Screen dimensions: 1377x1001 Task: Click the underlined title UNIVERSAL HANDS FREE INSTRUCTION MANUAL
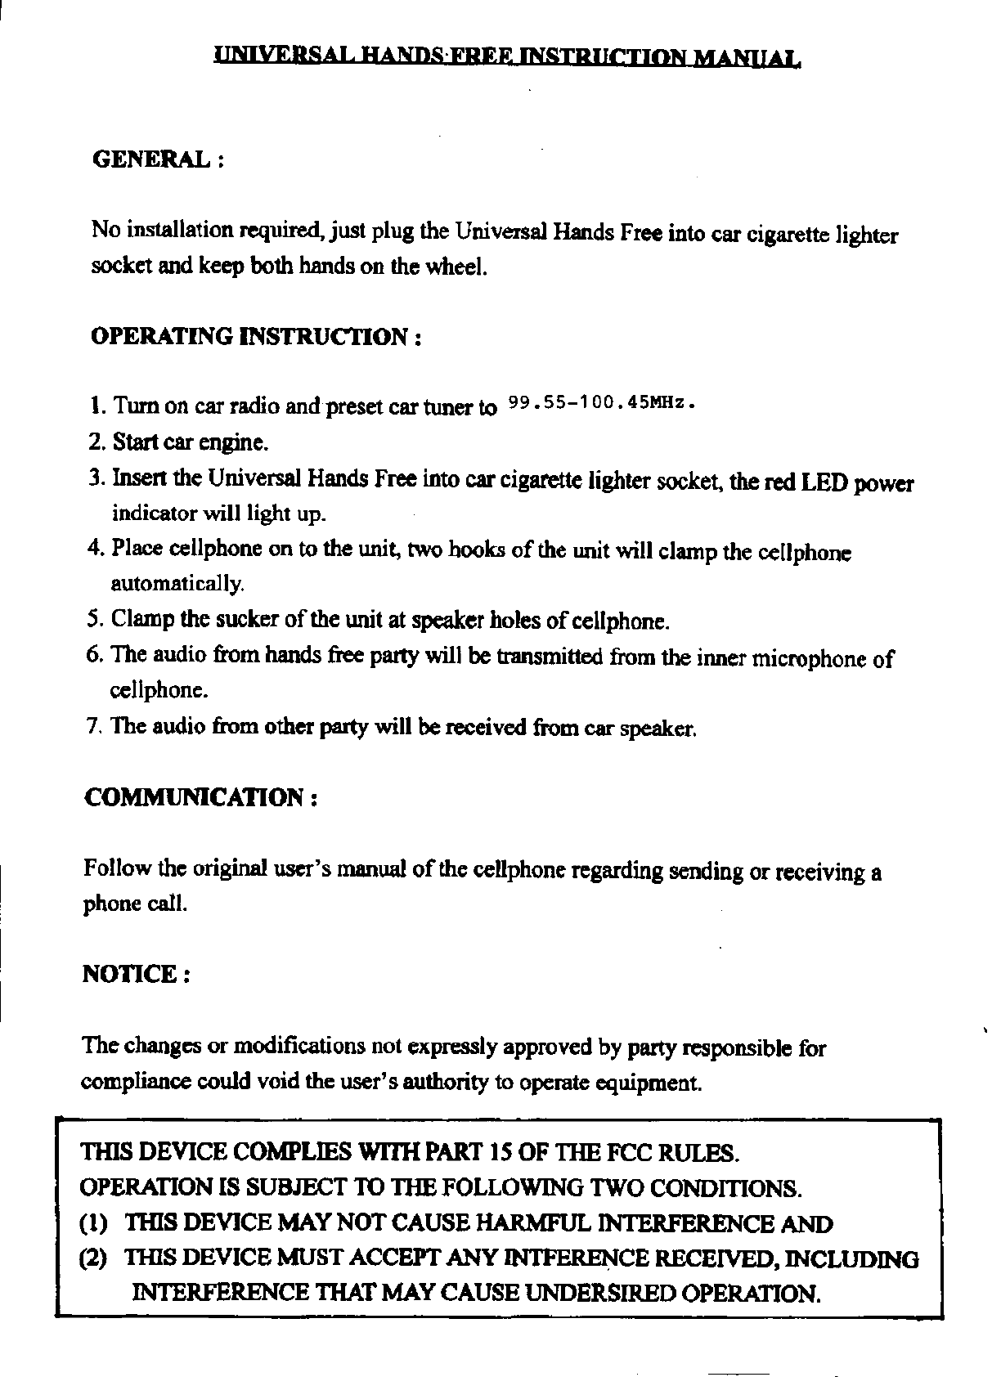(x=507, y=57)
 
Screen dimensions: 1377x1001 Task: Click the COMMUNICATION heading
(x=195, y=797)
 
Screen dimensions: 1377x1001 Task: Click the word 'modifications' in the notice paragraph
(x=300, y=1047)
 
